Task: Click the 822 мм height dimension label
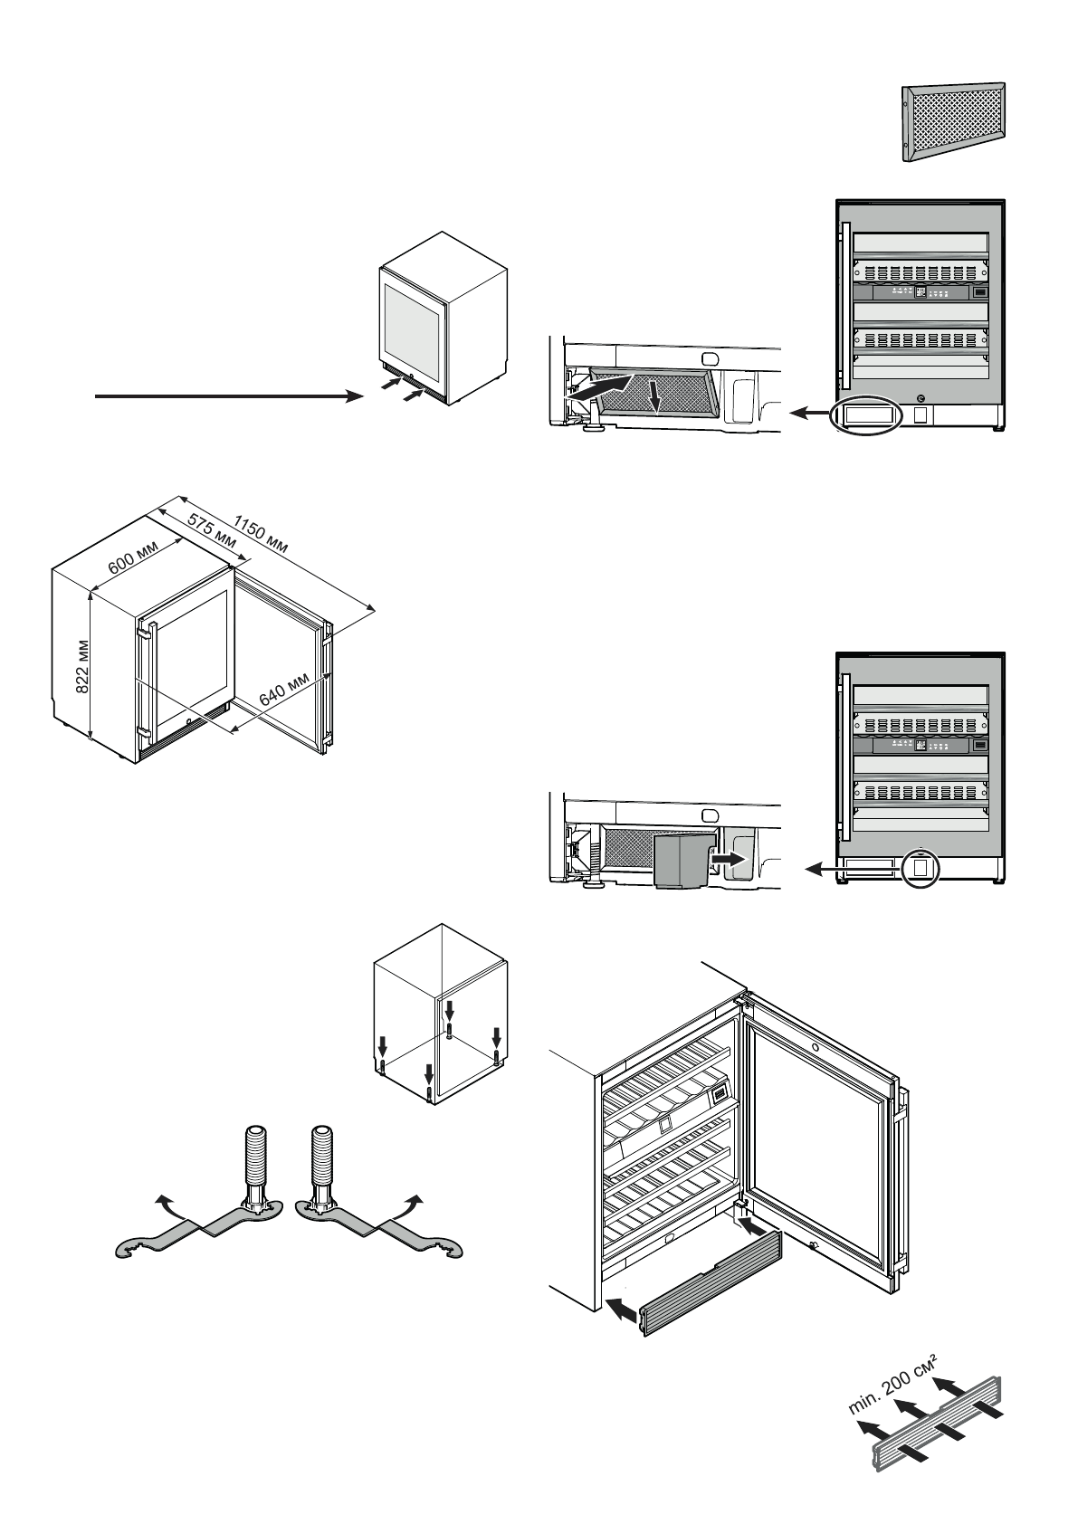click(82, 669)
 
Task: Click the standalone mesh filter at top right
click(954, 122)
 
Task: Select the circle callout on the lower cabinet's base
click(921, 867)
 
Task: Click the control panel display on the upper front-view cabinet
click(920, 291)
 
